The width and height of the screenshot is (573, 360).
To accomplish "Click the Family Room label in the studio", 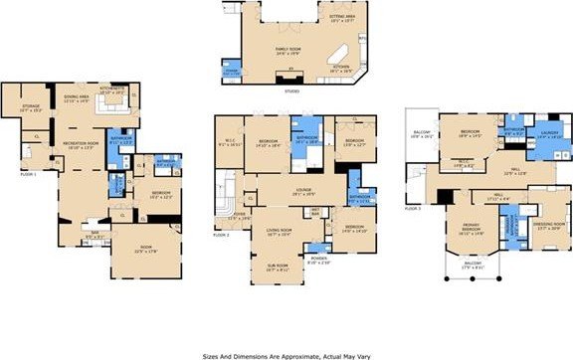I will tap(288, 50).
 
